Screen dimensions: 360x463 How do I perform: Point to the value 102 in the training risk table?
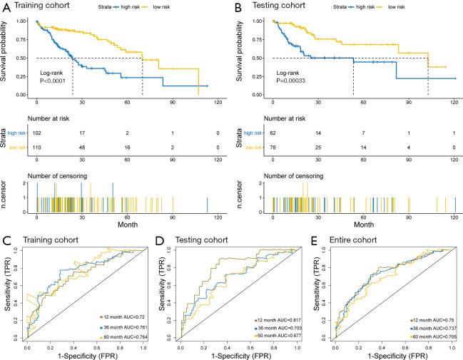37,132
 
